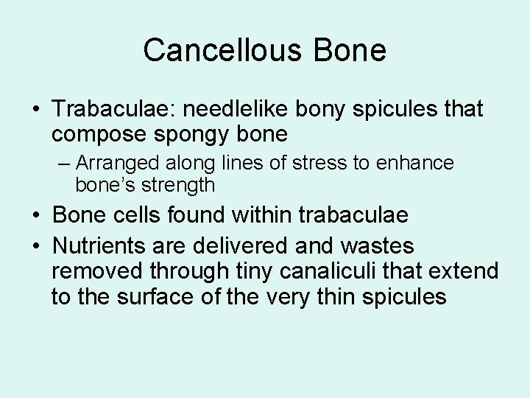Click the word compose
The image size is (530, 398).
[97, 134]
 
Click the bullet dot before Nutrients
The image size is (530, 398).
[35, 245]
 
